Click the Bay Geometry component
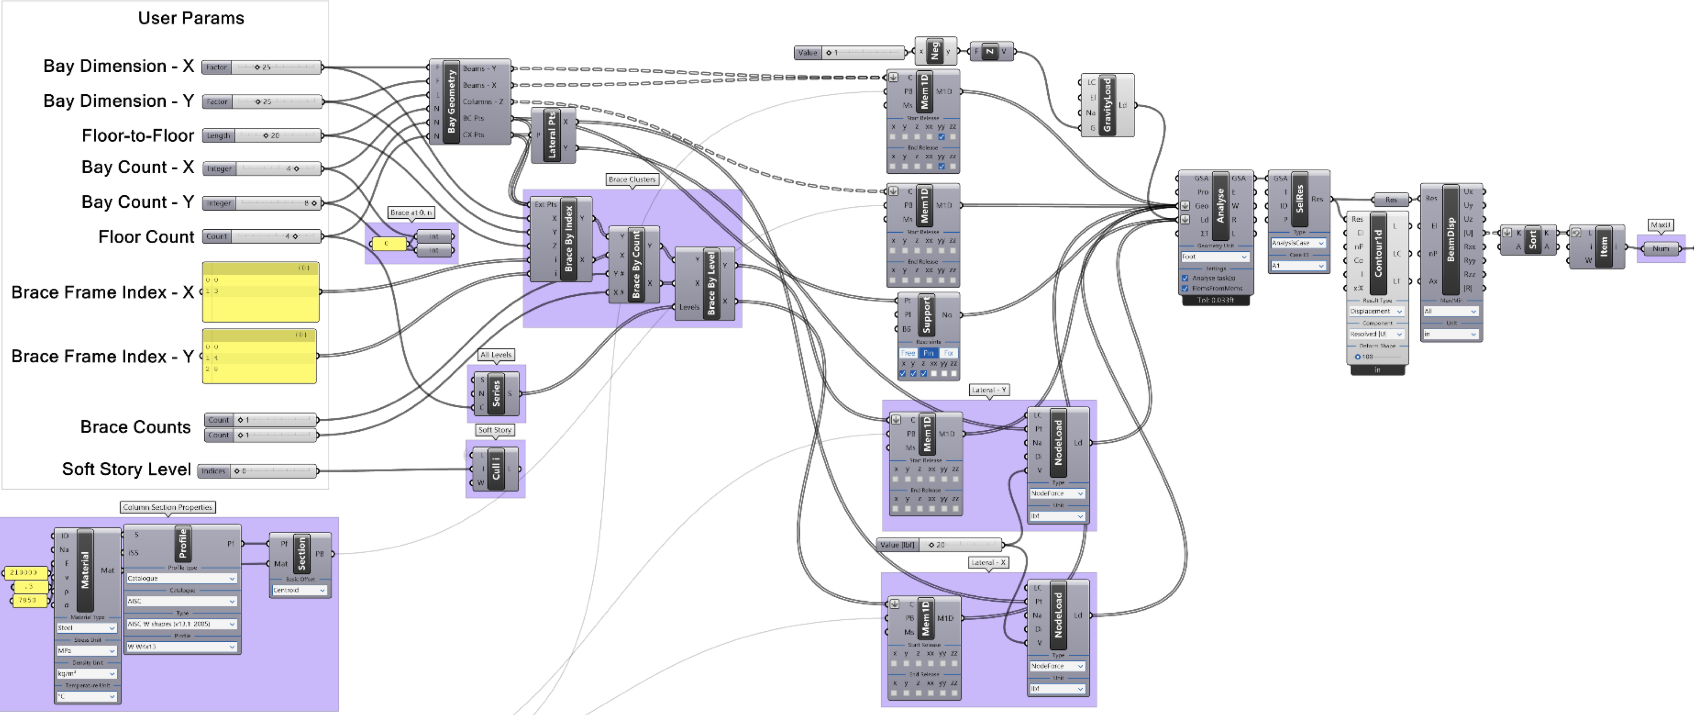(x=451, y=102)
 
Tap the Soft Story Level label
(x=126, y=469)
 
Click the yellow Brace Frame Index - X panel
(x=260, y=292)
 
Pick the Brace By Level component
(x=711, y=283)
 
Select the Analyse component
(x=1220, y=206)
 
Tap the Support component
(x=927, y=314)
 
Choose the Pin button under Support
(x=928, y=353)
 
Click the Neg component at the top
(x=934, y=51)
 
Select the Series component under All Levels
(x=497, y=393)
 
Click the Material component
(x=85, y=570)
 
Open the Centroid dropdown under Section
(x=300, y=590)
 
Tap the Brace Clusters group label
(x=632, y=179)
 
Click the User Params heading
(x=191, y=19)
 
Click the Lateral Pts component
(x=552, y=135)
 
